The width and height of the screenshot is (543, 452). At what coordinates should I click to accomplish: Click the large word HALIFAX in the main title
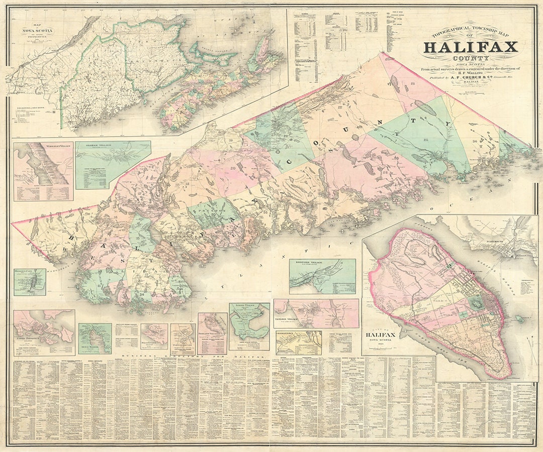[x=470, y=48]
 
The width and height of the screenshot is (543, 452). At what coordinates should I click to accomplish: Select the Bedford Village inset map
[x=322, y=276]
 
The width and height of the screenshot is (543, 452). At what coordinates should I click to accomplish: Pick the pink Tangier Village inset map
[x=316, y=313]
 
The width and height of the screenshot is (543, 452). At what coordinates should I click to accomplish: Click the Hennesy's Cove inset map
[x=30, y=282]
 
